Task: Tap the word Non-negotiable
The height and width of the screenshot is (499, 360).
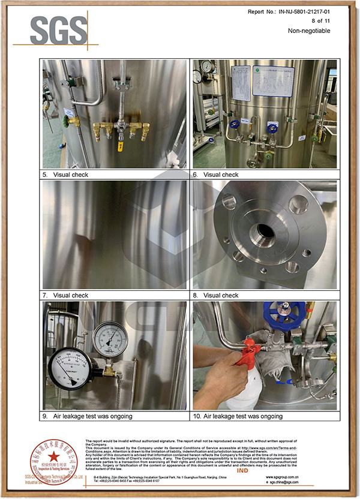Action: (309, 31)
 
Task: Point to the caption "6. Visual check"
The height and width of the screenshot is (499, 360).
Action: (215, 175)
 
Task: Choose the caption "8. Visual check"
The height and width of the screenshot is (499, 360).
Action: (215, 295)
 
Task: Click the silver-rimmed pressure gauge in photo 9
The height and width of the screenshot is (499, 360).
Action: (110, 339)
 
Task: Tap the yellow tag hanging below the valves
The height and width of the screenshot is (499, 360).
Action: (120, 146)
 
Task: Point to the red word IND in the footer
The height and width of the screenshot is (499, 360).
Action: (244, 471)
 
